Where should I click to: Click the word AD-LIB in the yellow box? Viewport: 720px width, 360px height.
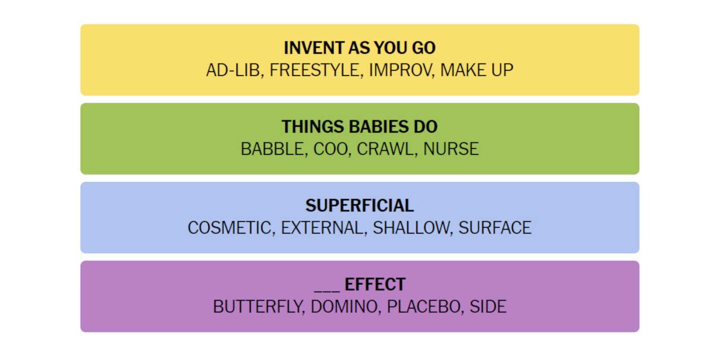point(233,70)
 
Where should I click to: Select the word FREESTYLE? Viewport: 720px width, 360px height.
point(314,70)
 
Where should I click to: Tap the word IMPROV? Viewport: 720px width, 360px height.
point(400,70)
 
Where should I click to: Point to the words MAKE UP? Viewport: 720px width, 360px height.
point(477,70)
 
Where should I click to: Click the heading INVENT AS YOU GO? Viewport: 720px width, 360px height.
point(360,48)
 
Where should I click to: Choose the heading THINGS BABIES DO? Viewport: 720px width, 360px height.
point(360,127)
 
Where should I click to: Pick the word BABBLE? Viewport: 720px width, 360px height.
point(272,149)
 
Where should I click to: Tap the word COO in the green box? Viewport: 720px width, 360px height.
point(330,149)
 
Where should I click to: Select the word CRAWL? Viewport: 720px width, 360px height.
point(385,149)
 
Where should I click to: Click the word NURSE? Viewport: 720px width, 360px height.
point(451,149)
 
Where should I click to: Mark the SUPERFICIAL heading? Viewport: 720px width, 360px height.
point(360,206)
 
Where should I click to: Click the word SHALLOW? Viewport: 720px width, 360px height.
point(411,228)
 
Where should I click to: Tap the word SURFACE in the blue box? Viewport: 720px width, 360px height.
point(495,228)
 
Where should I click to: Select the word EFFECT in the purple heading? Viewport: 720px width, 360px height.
point(375,285)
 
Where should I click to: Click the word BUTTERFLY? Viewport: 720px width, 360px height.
point(257,307)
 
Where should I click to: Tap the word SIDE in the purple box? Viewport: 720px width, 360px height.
point(488,307)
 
